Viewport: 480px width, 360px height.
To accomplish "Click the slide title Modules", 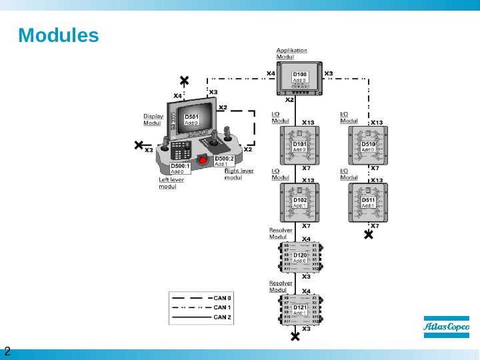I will (59, 35).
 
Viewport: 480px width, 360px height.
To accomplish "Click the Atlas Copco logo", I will (447, 327).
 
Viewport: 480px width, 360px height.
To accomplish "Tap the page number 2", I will (8, 351).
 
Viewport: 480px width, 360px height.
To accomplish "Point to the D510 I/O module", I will (368, 146).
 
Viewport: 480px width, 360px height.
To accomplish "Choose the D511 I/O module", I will (368, 202).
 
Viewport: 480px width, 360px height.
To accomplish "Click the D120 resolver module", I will (300, 257).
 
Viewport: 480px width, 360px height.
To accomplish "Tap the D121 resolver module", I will (300, 309).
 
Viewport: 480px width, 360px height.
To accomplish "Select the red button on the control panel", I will (203, 160).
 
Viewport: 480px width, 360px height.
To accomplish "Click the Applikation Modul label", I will (291, 53).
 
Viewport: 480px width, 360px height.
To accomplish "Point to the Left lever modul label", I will (171, 183).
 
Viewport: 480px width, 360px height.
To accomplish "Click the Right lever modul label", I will (239, 174).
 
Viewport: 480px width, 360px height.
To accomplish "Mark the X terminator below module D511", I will (368, 234).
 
